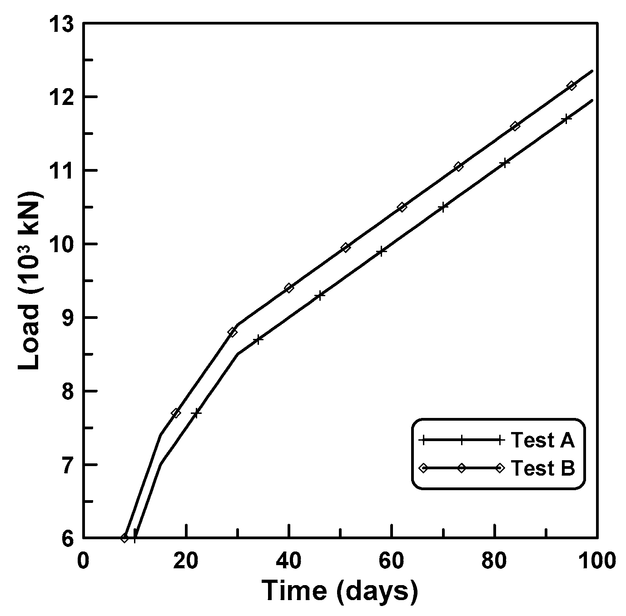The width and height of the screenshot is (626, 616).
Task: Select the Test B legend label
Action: pyautogui.click(x=543, y=468)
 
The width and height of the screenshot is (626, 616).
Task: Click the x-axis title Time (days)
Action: pyautogui.click(x=340, y=591)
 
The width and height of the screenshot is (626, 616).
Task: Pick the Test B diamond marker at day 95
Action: pyautogui.click(x=571, y=85)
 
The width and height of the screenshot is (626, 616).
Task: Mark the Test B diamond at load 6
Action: pyautogui.click(x=125, y=538)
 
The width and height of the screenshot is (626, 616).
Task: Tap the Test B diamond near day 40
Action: pyautogui.click(x=289, y=288)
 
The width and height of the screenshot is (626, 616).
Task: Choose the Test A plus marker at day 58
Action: pyautogui.click(x=382, y=252)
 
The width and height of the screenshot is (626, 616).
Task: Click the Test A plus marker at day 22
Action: pyautogui.click(x=196, y=413)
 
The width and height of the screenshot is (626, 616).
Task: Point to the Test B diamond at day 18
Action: pyautogui.click(x=176, y=413)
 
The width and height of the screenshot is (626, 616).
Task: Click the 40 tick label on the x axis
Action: pyautogui.click(x=289, y=561)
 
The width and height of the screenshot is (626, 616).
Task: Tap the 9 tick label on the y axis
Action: pyautogui.click(x=67, y=318)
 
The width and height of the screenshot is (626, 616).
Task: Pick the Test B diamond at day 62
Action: pyautogui.click(x=402, y=207)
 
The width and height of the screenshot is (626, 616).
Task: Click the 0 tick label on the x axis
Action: pyautogui.click(x=84, y=561)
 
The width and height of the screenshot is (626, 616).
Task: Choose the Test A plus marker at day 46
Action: pyautogui.click(x=320, y=295)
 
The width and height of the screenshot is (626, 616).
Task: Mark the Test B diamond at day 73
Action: pyautogui.click(x=458, y=167)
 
